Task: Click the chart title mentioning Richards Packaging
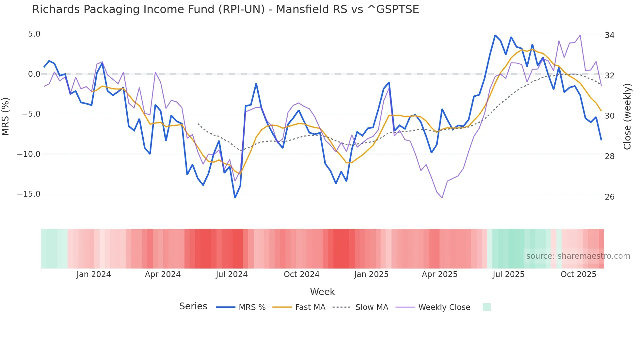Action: coord(225,9)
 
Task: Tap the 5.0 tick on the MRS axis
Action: coord(34,34)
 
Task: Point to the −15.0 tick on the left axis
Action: coord(29,194)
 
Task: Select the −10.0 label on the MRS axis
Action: coord(29,154)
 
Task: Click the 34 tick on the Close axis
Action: coord(609,35)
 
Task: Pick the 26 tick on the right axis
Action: coord(609,197)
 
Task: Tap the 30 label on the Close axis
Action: coord(609,116)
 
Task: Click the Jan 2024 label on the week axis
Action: coord(94,274)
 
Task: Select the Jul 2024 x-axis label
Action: coord(232,274)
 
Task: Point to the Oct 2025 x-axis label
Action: coord(578,274)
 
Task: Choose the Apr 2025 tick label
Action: coord(440,274)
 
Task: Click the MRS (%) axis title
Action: coord(6,117)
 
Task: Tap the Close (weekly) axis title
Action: coord(627,117)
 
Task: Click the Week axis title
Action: coord(322,292)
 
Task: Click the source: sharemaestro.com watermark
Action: coord(578,256)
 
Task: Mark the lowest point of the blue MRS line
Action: coord(235,198)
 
